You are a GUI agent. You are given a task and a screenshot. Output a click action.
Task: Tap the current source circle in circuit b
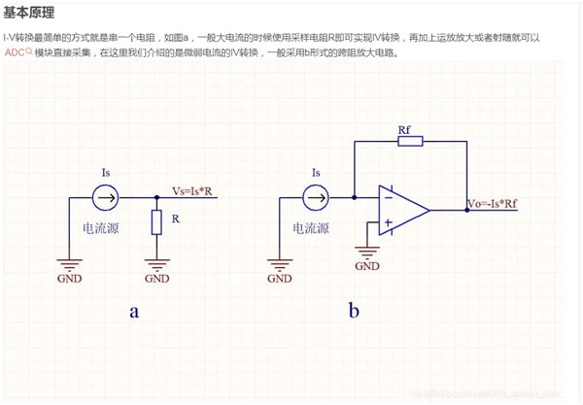point(316,198)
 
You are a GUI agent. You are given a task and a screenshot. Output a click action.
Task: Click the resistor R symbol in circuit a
point(155,223)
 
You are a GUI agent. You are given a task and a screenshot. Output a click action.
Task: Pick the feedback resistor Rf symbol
point(410,142)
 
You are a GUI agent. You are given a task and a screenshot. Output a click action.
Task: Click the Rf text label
point(404,128)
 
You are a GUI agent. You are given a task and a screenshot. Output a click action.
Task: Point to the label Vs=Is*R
point(195,190)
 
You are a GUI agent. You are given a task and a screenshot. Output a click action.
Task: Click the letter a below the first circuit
point(135,312)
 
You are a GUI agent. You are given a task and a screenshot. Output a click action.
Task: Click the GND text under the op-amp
point(367,265)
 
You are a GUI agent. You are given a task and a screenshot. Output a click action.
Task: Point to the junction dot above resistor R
point(155,198)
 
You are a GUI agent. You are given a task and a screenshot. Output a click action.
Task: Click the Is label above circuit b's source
point(315,173)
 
